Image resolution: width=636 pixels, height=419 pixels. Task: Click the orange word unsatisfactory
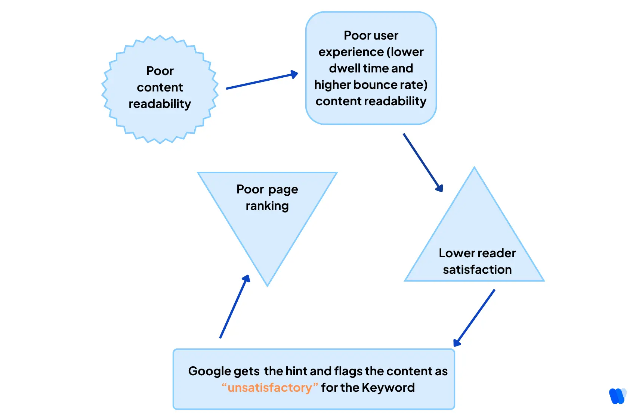pos(269,388)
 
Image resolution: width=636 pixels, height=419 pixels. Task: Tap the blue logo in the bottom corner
pos(617,396)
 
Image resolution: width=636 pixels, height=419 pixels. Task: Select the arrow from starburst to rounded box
pos(262,81)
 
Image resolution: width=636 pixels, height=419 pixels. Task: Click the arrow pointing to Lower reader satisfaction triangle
pos(423,162)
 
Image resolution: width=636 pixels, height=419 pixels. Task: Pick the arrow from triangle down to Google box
pos(474,318)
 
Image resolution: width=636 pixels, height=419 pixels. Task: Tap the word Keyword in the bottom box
pos(388,388)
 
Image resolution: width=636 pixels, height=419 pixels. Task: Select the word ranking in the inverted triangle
pos(267,206)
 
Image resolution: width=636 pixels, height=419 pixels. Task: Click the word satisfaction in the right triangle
pos(477,270)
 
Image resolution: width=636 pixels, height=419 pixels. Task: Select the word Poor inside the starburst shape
pos(160,71)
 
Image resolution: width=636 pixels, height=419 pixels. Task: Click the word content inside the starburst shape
pos(160,87)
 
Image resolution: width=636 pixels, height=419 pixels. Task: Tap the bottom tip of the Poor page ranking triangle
pos(268,285)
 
